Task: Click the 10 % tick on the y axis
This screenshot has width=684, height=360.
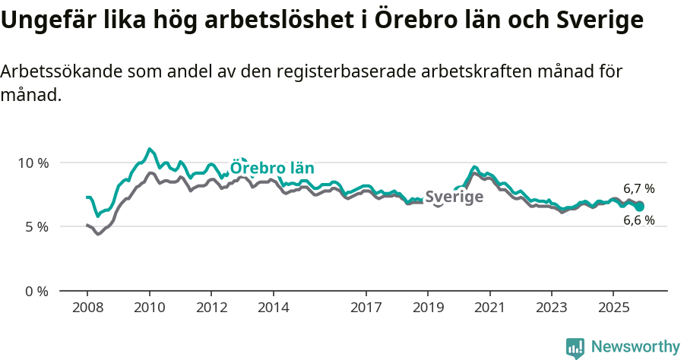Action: tap(32, 163)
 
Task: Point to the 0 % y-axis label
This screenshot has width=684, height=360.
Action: tap(35, 291)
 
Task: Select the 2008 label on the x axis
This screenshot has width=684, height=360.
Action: tap(87, 308)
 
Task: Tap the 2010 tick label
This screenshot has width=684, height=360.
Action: tap(149, 308)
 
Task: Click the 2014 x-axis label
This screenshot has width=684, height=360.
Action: tap(273, 308)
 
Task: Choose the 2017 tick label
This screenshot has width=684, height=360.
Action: tap(366, 308)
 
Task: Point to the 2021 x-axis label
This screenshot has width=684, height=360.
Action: tap(489, 308)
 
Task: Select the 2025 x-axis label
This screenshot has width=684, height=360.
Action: tap(613, 308)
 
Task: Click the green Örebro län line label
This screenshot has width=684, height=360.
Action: tap(272, 169)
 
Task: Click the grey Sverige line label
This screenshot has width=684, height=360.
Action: tap(454, 197)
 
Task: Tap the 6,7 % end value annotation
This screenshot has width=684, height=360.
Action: tap(638, 188)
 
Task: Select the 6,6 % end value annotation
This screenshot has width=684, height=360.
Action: tap(638, 221)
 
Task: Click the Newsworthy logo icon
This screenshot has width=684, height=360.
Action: tap(575, 347)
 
